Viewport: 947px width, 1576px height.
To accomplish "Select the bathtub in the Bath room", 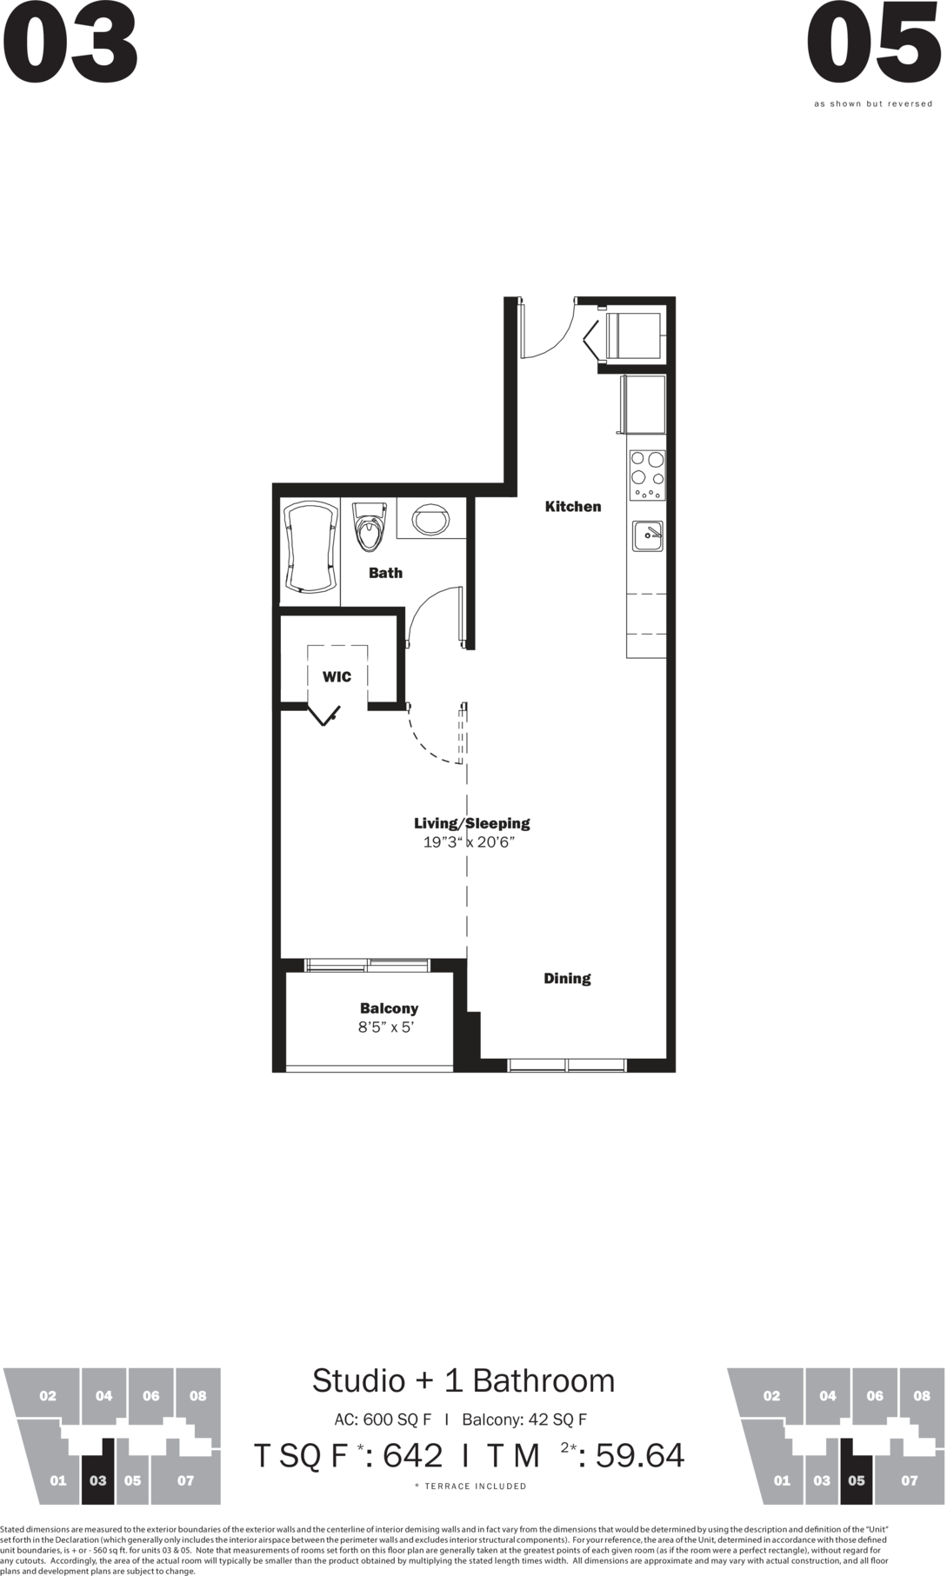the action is (310, 548).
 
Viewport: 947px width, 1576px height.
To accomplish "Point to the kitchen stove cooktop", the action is (647, 475).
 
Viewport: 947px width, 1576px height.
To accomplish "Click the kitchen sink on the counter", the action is (648, 536).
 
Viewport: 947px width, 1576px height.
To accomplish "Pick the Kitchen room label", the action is (573, 507).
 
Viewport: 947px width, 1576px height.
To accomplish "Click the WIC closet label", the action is (337, 677).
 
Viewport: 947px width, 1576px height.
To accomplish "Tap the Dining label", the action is (567, 979).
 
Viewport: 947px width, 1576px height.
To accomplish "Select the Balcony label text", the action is (389, 1008).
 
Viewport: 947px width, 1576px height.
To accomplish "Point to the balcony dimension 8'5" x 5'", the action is (386, 1027).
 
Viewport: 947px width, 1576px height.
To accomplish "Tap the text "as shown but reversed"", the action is (873, 104).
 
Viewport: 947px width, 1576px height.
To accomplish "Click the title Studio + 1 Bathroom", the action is (463, 1380).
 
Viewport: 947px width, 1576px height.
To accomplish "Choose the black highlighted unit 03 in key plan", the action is (97, 1472).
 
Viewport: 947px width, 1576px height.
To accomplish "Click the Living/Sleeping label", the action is (472, 823).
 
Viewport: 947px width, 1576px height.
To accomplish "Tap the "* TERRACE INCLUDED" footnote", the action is (470, 1486).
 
